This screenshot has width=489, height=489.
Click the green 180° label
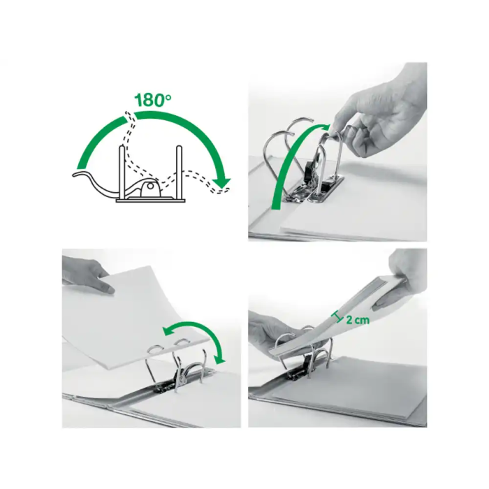(153, 100)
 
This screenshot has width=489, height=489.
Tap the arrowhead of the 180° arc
(222, 184)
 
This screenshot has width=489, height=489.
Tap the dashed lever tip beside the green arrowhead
(225, 191)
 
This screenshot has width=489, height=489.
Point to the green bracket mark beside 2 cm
(337, 318)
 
